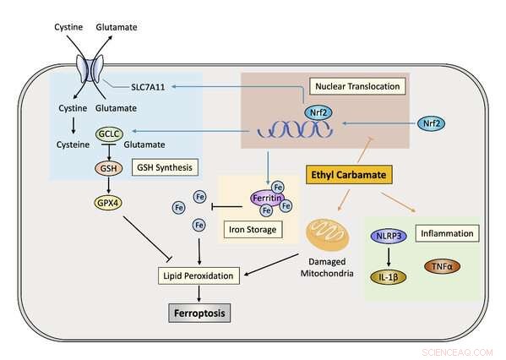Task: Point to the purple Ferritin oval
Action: click(264, 199)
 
